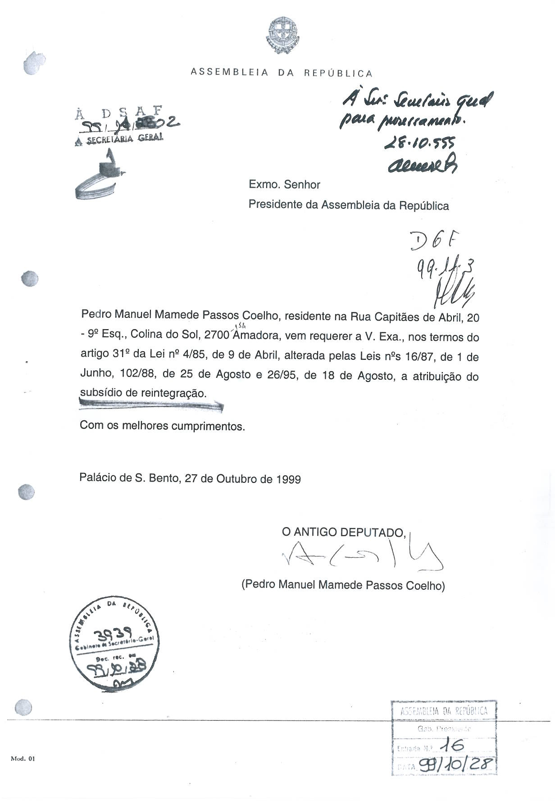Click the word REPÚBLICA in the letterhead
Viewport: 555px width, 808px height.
(338, 73)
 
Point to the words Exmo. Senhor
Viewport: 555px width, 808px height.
(284, 185)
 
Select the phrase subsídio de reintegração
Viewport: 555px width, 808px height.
(143, 393)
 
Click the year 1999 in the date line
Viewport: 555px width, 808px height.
(289, 479)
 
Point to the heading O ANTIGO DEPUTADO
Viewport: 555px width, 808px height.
(344, 533)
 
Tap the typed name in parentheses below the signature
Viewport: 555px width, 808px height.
(343, 585)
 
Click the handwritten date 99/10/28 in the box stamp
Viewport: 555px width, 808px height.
(456, 764)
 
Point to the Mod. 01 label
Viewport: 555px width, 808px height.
(23, 758)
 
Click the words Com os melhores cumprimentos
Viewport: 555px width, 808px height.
(162, 426)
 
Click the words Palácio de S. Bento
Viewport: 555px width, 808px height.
(129, 478)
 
